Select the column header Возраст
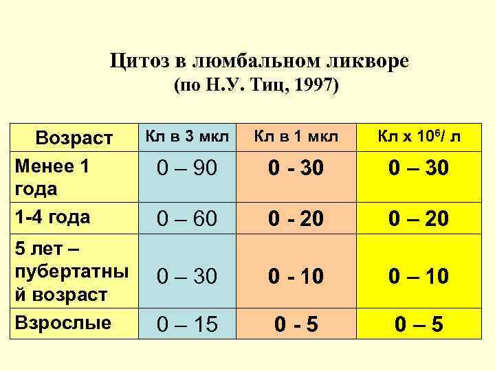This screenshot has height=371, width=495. (74, 137)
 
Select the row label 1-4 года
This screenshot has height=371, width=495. (52, 217)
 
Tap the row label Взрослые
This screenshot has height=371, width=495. (63, 323)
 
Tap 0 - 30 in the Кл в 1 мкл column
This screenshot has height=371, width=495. (296, 168)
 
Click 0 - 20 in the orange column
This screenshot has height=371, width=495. (296, 219)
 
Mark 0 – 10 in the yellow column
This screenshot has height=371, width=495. (418, 277)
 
